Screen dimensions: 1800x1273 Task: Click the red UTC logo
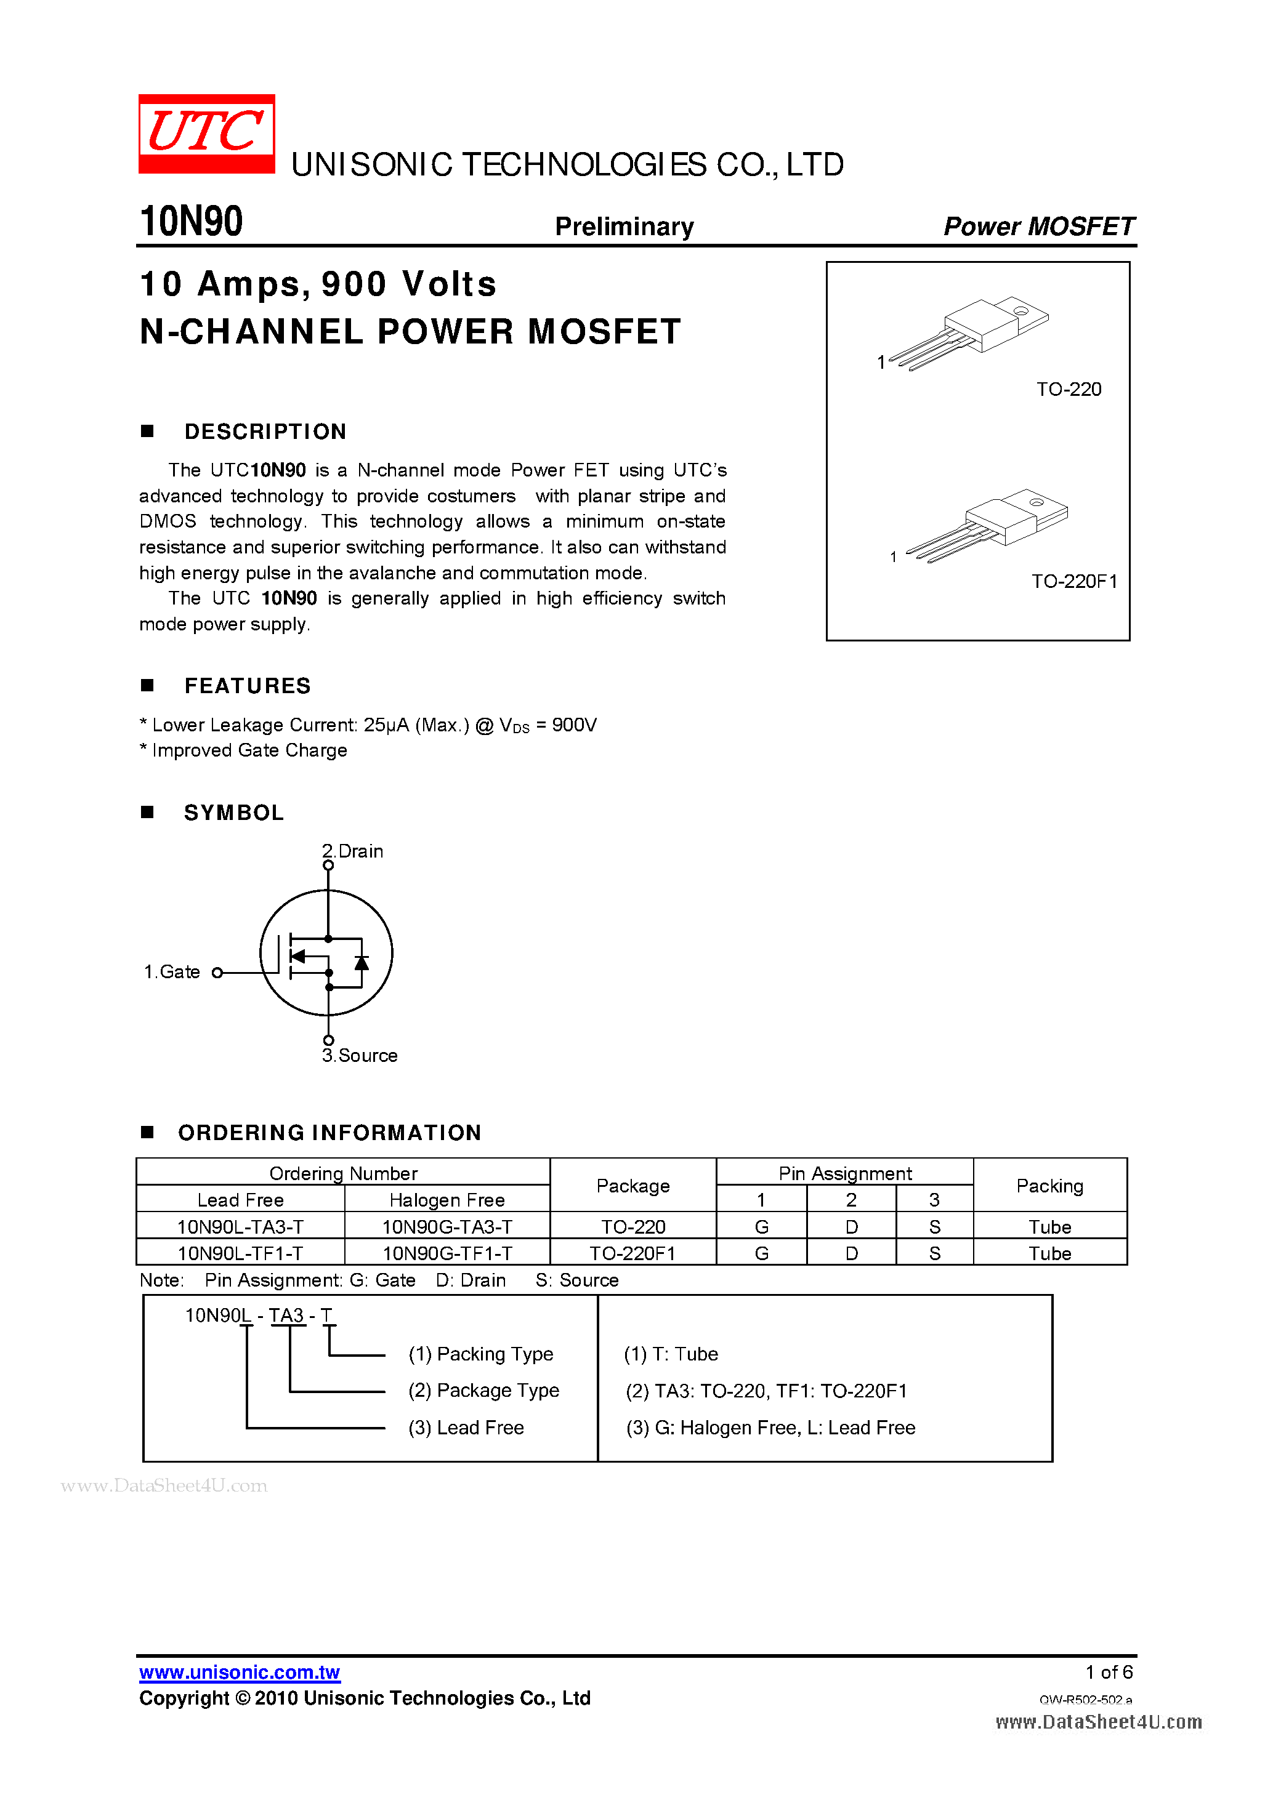pos(206,133)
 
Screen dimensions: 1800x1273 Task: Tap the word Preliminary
pos(624,227)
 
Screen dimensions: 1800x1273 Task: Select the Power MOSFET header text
pos(1038,227)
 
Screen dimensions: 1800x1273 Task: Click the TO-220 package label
pos(1069,390)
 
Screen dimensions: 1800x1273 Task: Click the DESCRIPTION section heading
pos(265,432)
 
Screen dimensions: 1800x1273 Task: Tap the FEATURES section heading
pos(247,686)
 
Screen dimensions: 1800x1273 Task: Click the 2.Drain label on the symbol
pos(353,851)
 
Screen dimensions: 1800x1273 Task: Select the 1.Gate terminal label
pos(172,972)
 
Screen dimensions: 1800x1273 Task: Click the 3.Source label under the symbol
pos(360,1056)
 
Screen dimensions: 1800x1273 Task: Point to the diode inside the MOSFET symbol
pos(362,962)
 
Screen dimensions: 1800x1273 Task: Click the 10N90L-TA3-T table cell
pos(240,1227)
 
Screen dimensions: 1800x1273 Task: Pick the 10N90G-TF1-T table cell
pos(447,1253)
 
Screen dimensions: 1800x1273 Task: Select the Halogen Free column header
pos(447,1200)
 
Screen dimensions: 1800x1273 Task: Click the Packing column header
pos(1049,1186)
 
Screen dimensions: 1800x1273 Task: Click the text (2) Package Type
pos(483,1391)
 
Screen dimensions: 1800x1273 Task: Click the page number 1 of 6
pos(1109,1672)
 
